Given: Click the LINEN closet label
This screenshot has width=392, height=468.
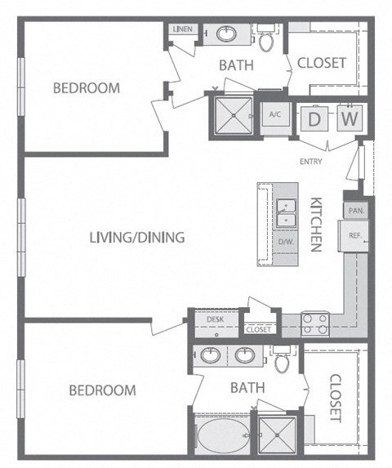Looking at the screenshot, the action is pyautogui.click(x=183, y=29).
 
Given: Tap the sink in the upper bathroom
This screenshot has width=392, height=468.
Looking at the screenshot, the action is pyautogui.click(x=226, y=33).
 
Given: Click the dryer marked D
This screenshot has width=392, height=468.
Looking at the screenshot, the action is pyautogui.click(x=314, y=118).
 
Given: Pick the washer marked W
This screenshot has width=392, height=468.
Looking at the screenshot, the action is pyautogui.click(x=350, y=118).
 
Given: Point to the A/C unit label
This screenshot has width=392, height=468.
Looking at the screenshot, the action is pyautogui.click(x=275, y=114).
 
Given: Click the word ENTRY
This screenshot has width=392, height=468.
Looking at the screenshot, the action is pyautogui.click(x=311, y=162).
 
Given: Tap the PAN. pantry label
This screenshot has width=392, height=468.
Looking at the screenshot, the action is pyautogui.click(x=356, y=211).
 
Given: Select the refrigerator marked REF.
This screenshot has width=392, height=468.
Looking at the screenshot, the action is pyautogui.click(x=354, y=236).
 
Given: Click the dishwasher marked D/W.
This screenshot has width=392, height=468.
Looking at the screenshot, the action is pyautogui.click(x=286, y=242).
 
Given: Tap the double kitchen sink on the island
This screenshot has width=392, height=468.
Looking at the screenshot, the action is pyautogui.click(x=286, y=213).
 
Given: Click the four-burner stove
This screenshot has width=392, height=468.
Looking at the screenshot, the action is pyautogui.click(x=315, y=324).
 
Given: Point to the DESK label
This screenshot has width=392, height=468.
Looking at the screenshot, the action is pyautogui.click(x=215, y=319).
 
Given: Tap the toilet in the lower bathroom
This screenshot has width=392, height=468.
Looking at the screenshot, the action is pyautogui.click(x=282, y=359).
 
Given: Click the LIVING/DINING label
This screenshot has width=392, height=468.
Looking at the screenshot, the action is pyautogui.click(x=137, y=238).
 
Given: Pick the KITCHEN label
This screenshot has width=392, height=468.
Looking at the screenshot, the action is pyautogui.click(x=316, y=225).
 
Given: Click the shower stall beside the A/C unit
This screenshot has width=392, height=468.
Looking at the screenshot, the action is pyautogui.click(x=234, y=115).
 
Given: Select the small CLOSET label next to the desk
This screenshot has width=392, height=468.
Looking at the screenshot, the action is pyautogui.click(x=259, y=329).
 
